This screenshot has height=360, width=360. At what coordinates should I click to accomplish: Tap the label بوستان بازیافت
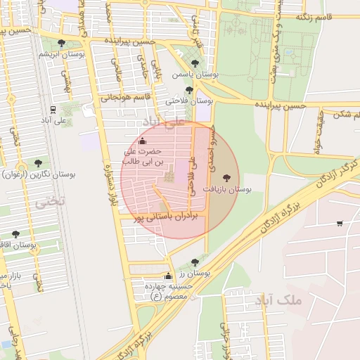[x=227, y=190]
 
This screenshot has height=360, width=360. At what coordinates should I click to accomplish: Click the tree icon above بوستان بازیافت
[x=226, y=178]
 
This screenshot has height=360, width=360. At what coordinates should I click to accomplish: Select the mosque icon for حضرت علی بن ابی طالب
[x=143, y=141]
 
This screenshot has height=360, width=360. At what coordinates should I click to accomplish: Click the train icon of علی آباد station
[x=53, y=109]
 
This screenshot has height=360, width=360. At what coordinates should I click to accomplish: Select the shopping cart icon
[x=340, y=224]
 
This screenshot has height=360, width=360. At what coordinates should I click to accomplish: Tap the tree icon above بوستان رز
[x=195, y=262]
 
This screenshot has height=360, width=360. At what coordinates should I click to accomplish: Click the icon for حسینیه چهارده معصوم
[x=168, y=276]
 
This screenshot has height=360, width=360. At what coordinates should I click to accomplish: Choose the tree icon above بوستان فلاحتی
[x=189, y=90]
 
